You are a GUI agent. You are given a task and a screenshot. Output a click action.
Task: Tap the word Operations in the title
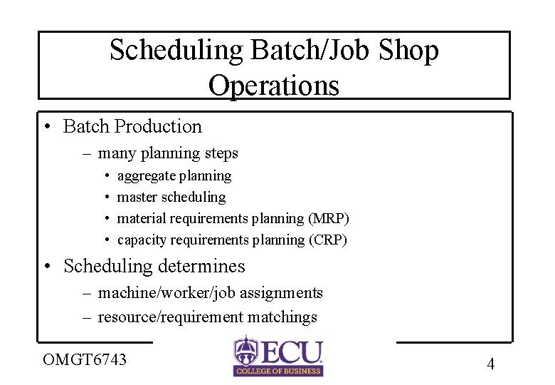pos(274,86)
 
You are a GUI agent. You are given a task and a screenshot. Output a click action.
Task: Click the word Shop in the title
pos(409,51)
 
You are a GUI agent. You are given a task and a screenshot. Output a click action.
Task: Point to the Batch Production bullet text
pos(132,127)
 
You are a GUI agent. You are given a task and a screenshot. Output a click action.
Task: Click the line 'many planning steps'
pos(168,153)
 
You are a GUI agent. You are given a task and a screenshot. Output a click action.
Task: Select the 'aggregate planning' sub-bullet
pos(174,175)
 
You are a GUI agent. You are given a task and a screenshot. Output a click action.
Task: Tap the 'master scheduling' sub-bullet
pos(171,197)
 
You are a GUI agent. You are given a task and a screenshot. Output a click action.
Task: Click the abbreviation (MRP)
pos(328,218)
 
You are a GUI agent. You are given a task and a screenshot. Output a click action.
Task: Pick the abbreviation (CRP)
pos(327,240)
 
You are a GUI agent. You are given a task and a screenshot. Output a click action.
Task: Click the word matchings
pos(287,317)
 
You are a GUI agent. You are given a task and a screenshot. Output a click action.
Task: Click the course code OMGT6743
pos(85,359)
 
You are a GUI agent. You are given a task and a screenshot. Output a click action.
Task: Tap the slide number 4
pos(490,364)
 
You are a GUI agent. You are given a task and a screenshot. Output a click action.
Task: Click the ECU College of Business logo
pos(277,355)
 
